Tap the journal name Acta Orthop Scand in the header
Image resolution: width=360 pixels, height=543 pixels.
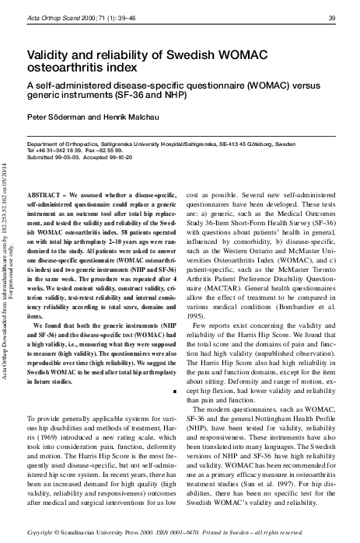[52, 18]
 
